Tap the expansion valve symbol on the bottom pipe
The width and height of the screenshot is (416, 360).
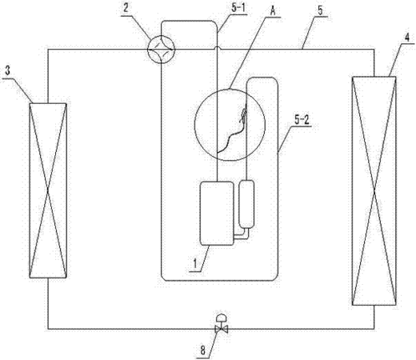tap(222, 330)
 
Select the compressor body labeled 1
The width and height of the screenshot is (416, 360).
tap(217, 213)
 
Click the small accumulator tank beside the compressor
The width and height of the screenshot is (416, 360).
tap(246, 204)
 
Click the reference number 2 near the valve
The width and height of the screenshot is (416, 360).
tap(126, 8)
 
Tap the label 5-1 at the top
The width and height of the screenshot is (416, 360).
tap(238, 8)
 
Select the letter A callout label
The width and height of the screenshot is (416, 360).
tap(273, 11)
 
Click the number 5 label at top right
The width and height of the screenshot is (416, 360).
tap(320, 10)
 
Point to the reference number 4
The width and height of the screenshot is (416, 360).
tap(406, 38)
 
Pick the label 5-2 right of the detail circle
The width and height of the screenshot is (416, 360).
tap(302, 120)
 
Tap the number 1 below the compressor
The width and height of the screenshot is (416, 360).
tap(195, 264)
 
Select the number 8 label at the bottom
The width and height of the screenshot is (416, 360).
tap(203, 350)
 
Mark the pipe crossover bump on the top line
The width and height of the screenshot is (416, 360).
tap(218, 47)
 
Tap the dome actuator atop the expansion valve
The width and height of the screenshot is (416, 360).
tap(222, 318)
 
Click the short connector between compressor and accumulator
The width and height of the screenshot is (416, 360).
tap(242, 236)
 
